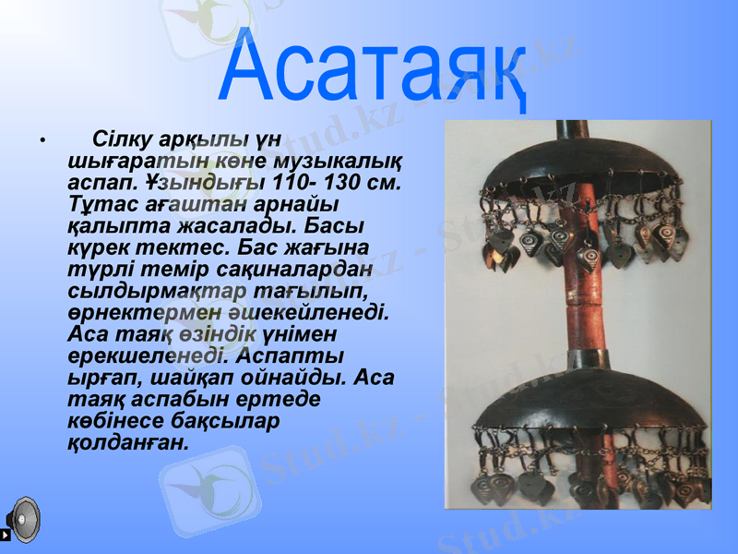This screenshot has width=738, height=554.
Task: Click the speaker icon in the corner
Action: click(x=21, y=519)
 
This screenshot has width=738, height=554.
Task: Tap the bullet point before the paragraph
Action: click(x=42, y=141)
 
